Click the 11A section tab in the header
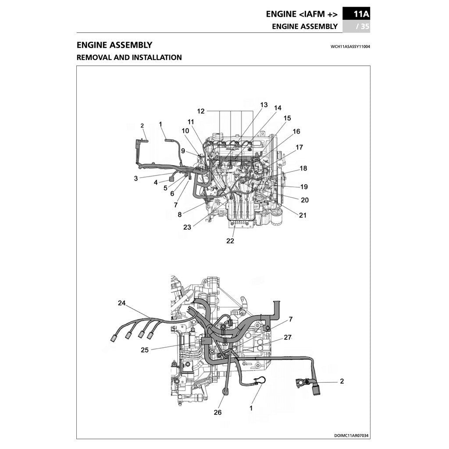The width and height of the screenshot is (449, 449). [356, 14]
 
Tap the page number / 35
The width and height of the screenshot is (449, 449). [363, 26]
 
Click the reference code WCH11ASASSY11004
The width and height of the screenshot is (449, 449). [350, 46]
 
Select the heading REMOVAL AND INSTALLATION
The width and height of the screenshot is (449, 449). [129, 57]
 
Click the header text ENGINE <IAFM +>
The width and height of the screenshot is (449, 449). [302, 14]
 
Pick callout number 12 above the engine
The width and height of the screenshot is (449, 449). [201, 111]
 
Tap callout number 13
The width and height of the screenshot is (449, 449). [264, 105]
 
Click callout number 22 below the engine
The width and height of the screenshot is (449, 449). [230, 241]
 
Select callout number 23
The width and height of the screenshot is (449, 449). [187, 227]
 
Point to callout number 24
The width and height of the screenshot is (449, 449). [121, 303]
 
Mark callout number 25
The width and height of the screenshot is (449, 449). [145, 350]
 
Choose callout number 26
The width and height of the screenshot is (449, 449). [217, 412]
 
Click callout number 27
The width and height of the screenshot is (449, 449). [288, 337]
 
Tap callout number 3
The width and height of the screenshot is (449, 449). [136, 178]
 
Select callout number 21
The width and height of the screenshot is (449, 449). [303, 215]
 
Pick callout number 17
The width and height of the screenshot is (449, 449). [299, 147]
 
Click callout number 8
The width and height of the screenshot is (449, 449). [179, 214]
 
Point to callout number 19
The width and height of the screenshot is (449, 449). [304, 187]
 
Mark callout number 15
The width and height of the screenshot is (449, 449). [287, 118]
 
